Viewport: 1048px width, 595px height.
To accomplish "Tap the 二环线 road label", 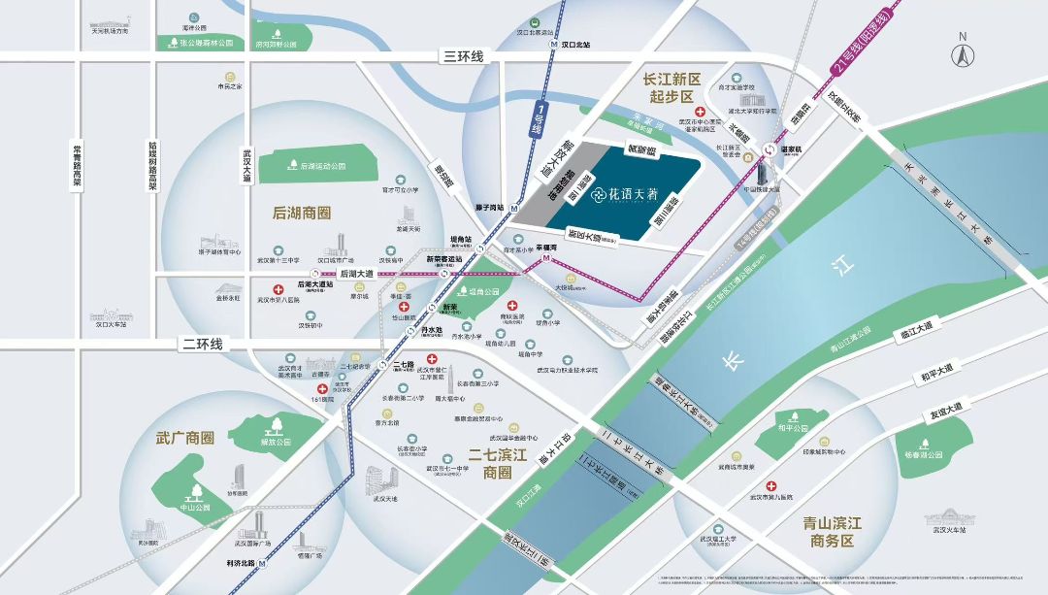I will coord(202,344).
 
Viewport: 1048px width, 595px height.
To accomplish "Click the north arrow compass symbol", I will coord(963,52).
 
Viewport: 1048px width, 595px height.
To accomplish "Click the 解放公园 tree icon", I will coord(276,423).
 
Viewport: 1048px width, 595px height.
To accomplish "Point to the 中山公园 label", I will coord(195,507).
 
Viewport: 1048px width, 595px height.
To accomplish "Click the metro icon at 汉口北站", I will coord(551,44).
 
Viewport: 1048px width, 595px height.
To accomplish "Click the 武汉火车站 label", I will coord(950,529).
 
